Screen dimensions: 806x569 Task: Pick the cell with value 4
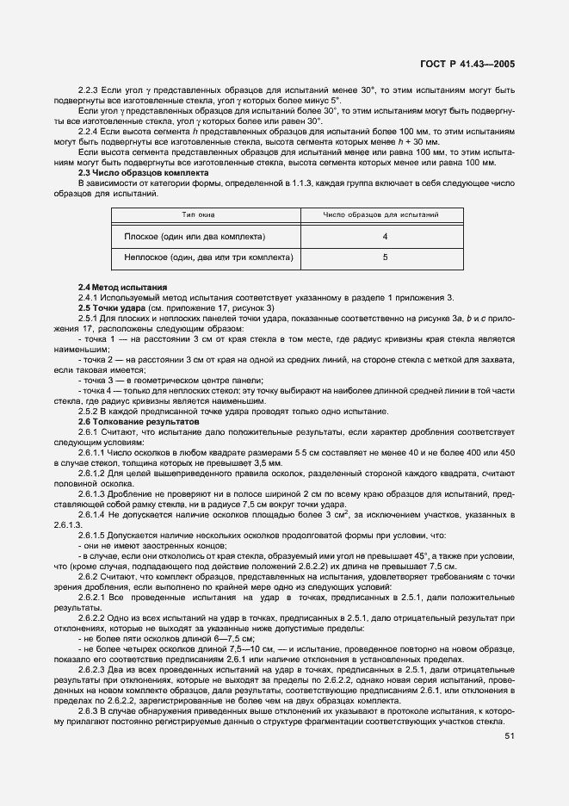pos(385,236)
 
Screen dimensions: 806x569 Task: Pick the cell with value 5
pos(385,257)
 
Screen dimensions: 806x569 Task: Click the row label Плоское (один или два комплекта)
pos(195,236)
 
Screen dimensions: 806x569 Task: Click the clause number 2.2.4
pos(90,132)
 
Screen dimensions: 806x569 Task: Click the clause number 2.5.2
pos(90,411)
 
